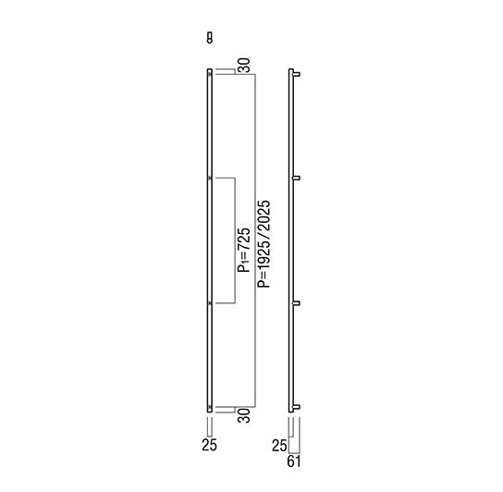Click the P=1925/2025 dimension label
click(264, 244)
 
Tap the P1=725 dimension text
click(244, 250)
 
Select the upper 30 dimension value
click(244, 66)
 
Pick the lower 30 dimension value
click(244, 415)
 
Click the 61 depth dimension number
click(294, 461)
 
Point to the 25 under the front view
click(210, 445)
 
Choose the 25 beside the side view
click(279, 446)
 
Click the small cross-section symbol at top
click(210, 38)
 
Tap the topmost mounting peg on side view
click(297, 75)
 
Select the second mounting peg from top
click(297, 178)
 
